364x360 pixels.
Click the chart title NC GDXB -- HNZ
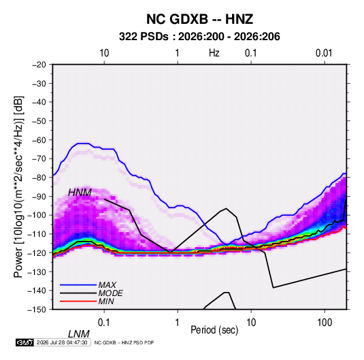point(199,19)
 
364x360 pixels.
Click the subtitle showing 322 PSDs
point(199,37)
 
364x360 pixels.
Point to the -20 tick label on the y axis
point(39,65)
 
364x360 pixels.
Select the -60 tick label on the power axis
point(39,140)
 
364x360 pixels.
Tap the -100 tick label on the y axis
point(37,215)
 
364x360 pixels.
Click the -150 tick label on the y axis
point(37,310)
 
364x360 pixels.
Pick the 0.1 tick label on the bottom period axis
point(104,322)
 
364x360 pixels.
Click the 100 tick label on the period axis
point(325,322)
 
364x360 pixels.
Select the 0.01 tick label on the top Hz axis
point(324,53)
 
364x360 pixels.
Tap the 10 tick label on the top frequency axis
point(104,53)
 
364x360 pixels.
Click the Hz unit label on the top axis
point(214,53)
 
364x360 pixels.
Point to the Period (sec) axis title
point(214,330)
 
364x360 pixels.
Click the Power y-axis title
point(18,186)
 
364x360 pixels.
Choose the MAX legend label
point(107,285)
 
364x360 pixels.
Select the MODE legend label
point(110,293)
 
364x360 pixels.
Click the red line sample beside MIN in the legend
point(78,301)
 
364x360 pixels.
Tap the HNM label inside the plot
point(80,193)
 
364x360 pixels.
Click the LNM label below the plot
point(79,334)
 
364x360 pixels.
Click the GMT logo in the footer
point(24,342)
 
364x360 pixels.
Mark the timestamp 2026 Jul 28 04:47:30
point(62,342)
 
